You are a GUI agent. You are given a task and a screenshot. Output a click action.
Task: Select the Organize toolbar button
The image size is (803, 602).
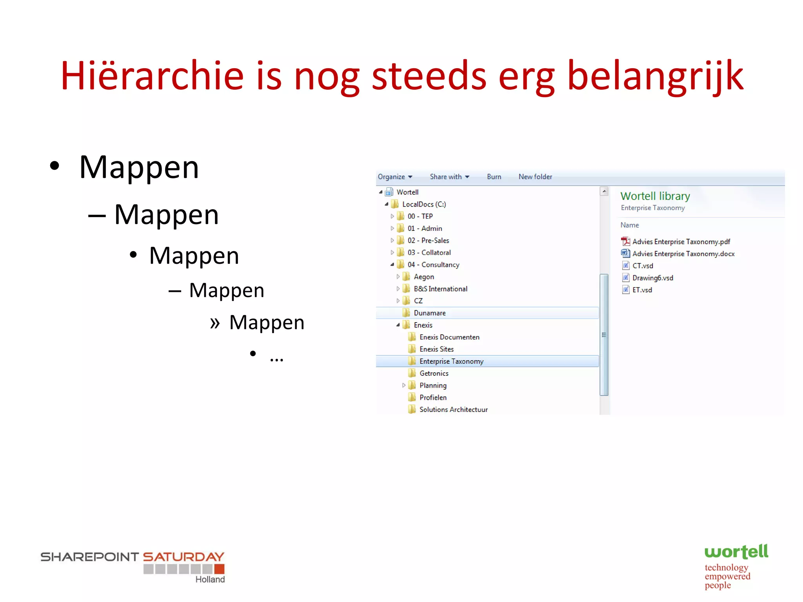click(394, 177)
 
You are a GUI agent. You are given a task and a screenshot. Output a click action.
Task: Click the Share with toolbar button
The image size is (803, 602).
click(449, 177)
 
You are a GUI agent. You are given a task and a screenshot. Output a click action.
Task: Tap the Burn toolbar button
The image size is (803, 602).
click(494, 177)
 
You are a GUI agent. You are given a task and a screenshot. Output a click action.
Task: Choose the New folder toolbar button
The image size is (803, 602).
click(535, 177)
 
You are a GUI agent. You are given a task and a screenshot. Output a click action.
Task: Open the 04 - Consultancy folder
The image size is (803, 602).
click(433, 265)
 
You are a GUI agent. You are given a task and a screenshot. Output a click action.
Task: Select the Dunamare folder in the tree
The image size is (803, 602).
click(429, 313)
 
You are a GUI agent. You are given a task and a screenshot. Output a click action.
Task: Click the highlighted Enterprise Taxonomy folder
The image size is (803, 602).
click(451, 361)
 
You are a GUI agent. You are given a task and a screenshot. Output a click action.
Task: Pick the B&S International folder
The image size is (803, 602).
click(440, 289)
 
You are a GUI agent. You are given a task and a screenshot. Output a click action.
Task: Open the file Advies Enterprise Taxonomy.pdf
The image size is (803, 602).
click(681, 242)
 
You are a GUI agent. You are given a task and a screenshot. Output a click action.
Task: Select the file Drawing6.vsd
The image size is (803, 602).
click(652, 278)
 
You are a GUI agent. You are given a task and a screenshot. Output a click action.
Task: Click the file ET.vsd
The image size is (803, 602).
click(642, 290)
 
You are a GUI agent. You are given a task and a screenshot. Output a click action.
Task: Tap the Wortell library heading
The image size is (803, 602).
click(655, 196)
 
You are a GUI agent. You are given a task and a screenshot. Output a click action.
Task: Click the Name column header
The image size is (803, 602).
click(629, 225)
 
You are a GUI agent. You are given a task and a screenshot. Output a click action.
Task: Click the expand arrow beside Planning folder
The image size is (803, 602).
click(403, 385)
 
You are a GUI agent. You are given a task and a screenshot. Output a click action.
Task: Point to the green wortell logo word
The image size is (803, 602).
click(736, 552)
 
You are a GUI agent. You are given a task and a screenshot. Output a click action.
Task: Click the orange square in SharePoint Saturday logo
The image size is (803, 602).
click(220, 569)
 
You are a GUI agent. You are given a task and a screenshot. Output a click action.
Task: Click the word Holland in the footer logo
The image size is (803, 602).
click(210, 579)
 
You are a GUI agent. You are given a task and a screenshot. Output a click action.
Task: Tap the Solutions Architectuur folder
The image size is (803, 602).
click(453, 410)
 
